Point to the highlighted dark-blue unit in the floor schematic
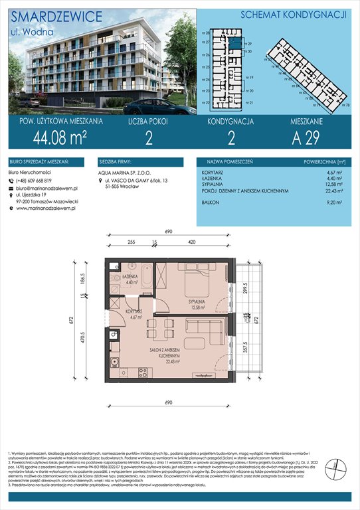[x=237, y=40]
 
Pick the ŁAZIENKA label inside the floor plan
[x=130, y=276]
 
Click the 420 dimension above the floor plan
[x=191, y=243]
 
